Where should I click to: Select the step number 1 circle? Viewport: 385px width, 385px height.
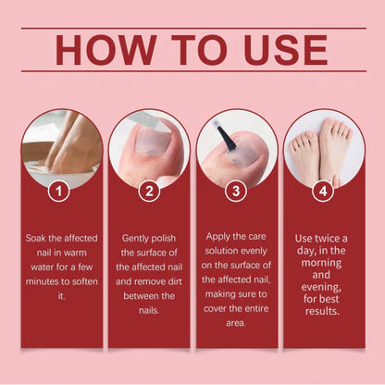click(x=59, y=192)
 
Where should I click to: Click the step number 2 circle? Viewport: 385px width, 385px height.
click(x=148, y=192)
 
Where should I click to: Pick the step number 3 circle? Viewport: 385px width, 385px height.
click(x=237, y=192)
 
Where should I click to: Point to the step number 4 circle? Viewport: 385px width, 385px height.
click(x=322, y=192)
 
